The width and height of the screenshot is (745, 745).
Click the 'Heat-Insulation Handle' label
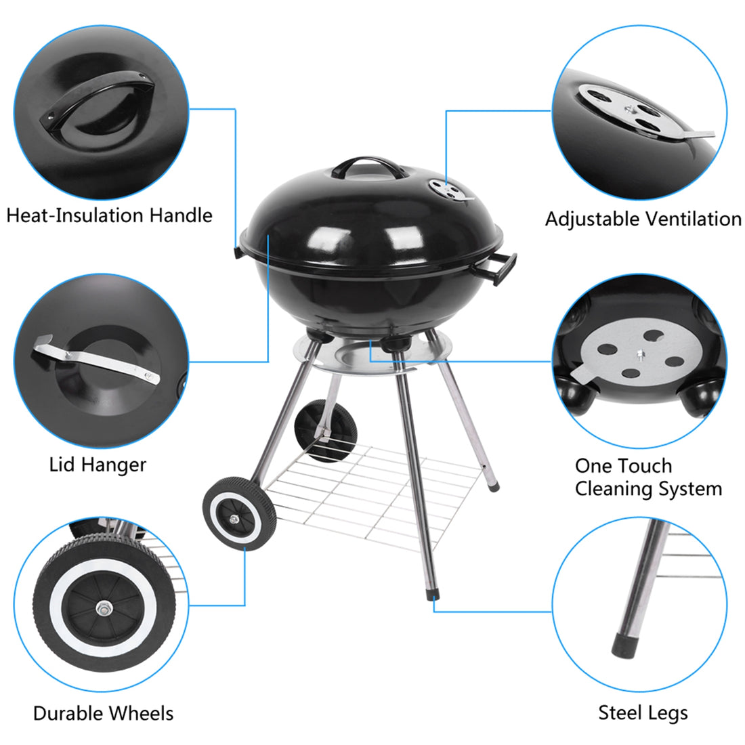pos(109,216)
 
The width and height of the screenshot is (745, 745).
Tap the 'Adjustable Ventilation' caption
pos(643,219)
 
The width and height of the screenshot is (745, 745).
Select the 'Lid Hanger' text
pos(98,465)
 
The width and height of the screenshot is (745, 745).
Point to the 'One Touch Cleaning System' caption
pos(647,477)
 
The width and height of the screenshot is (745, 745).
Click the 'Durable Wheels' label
pos(103,713)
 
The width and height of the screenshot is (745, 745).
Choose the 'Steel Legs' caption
pos(643,712)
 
